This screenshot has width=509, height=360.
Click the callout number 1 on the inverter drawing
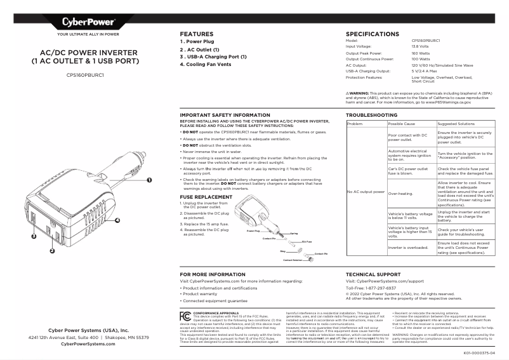(x=149, y=180)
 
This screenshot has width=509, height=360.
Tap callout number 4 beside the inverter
(x=117, y=221)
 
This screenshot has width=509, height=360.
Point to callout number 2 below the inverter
(x=52, y=250)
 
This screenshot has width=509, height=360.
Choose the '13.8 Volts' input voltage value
(x=420, y=46)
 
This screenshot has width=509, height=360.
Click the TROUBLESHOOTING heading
(x=372, y=115)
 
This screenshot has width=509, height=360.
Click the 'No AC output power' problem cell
(x=366, y=191)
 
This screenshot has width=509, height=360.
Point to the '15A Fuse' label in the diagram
(x=306, y=242)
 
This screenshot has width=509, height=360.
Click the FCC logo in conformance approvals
(x=185, y=316)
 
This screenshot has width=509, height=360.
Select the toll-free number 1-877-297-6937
(x=380, y=288)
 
